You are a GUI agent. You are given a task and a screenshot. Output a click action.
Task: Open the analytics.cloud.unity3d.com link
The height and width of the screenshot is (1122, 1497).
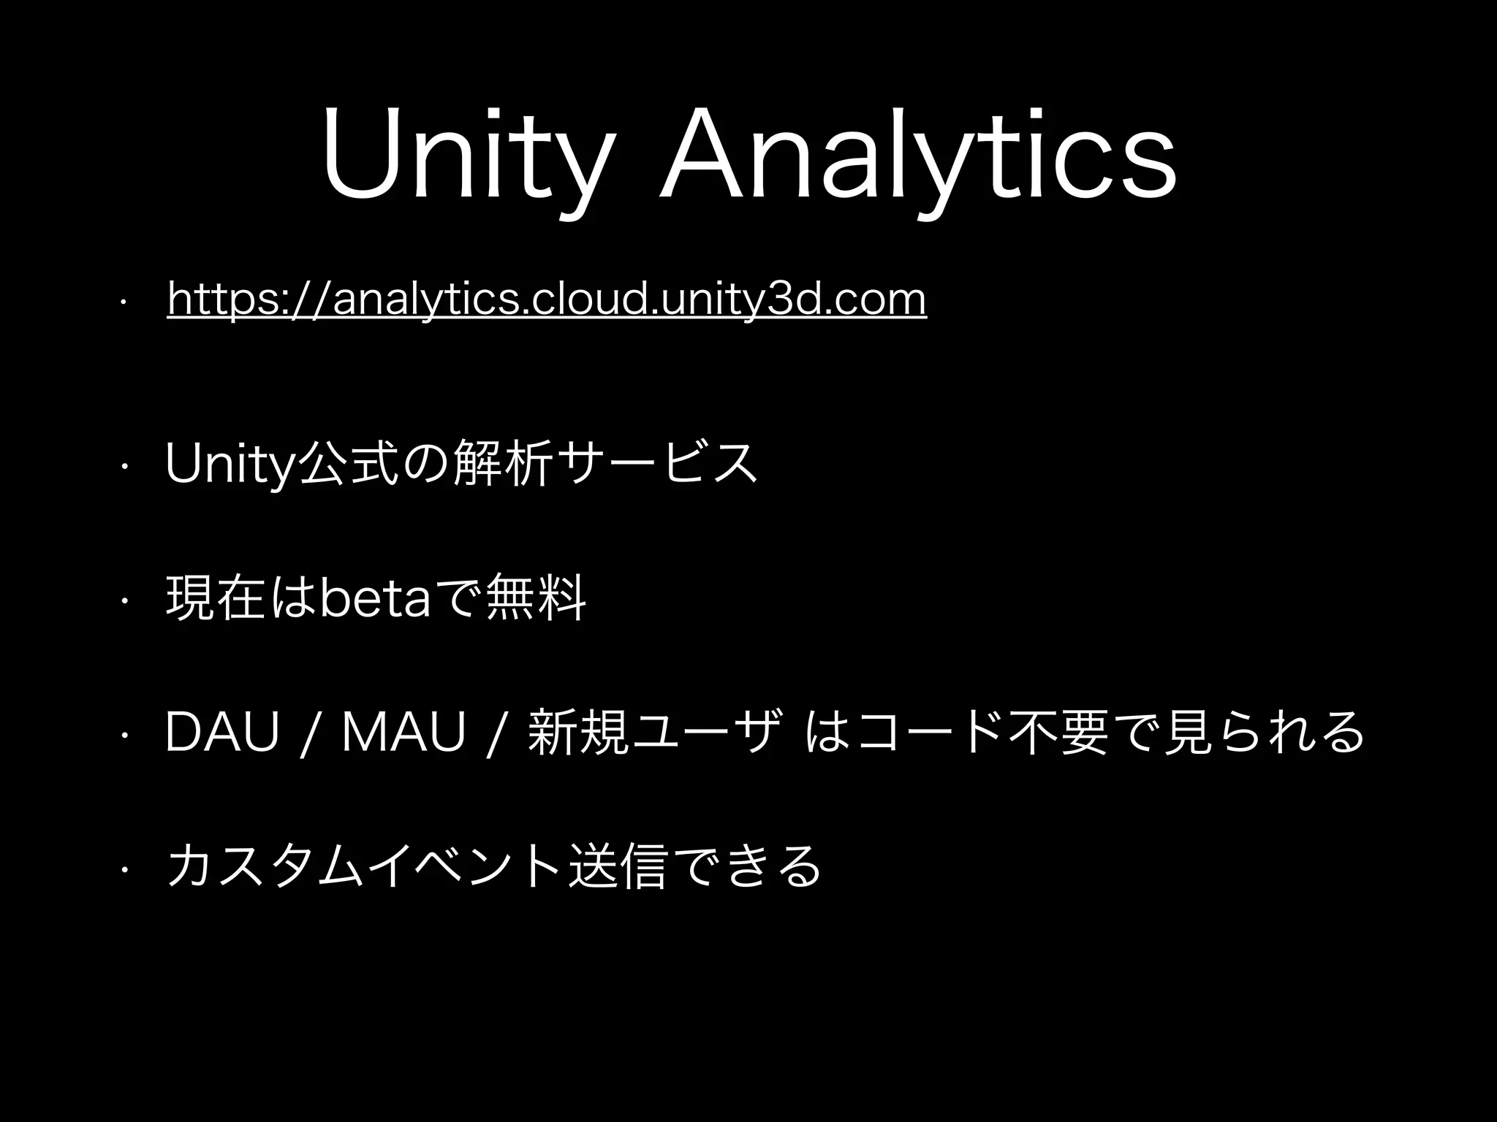point(547,300)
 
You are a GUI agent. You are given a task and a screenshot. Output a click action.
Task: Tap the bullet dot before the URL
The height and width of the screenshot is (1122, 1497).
point(126,300)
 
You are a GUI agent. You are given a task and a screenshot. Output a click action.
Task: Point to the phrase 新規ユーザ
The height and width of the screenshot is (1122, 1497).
point(650,731)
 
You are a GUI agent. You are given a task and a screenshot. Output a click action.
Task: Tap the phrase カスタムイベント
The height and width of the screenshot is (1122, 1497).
point(365,866)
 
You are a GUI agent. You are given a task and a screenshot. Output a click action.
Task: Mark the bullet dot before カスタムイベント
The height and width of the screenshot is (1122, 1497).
point(126,867)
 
